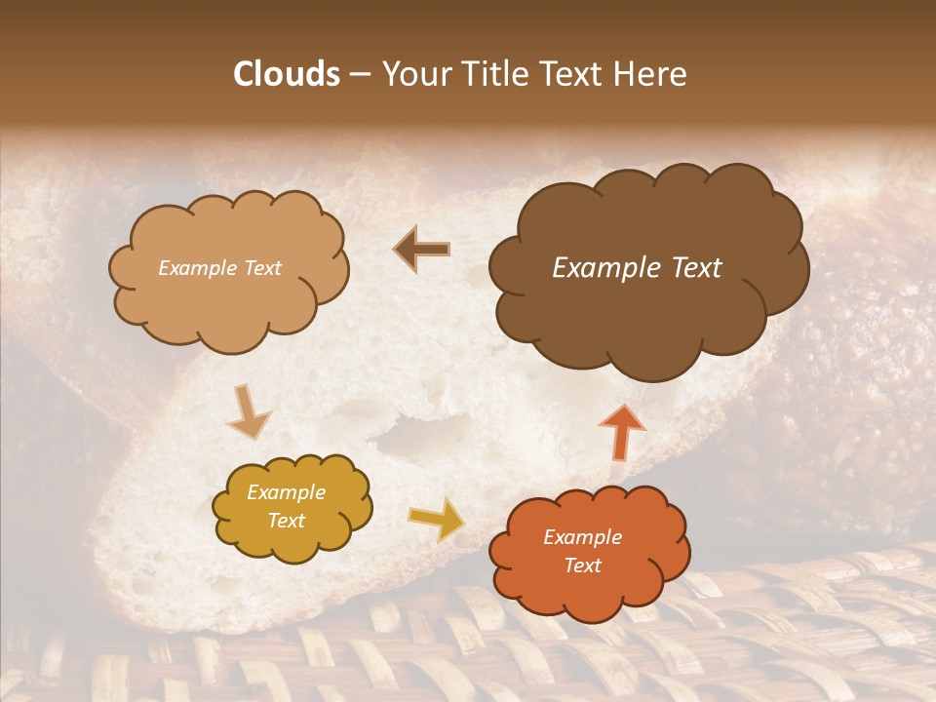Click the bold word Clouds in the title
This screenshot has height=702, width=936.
(288, 74)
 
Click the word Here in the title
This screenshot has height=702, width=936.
(650, 74)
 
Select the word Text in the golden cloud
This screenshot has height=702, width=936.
(286, 521)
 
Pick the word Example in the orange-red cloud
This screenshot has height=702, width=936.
(582, 537)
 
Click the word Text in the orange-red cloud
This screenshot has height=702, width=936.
(582, 565)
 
